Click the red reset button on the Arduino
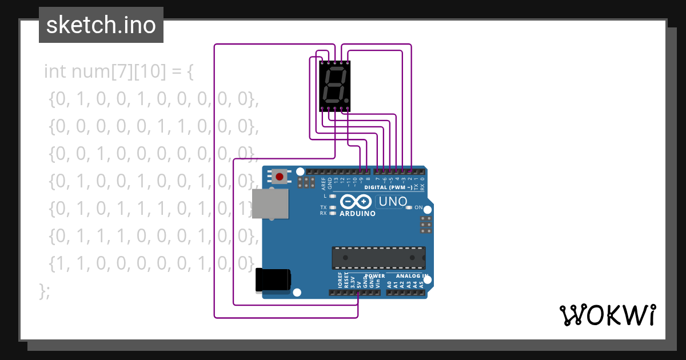click(x=279, y=177)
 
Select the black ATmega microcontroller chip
click(x=378, y=258)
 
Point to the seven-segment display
click(x=334, y=86)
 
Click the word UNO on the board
click(x=393, y=201)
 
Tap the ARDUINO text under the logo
click(x=358, y=214)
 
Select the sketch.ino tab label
click(x=101, y=25)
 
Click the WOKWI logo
click(x=607, y=315)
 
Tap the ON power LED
click(x=408, y=207)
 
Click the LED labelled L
click(x=333, y=196)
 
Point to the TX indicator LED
click(x=333, y=207)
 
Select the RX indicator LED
click(x=333, y=213)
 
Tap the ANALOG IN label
click(x=408, y=276)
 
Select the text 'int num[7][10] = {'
click(x=119, y=71)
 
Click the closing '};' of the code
click(x=45, y=290)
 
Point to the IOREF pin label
click(x=340, y=281)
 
